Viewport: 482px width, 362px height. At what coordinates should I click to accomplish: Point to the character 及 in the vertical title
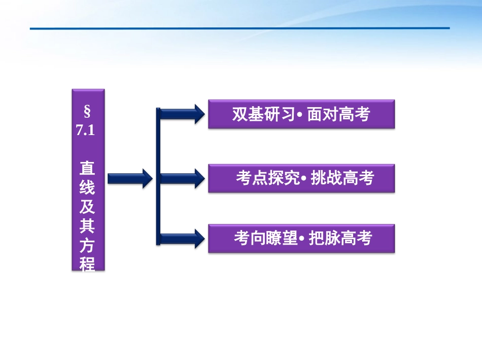coord(87,207)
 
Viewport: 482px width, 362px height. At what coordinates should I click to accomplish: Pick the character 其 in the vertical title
coord(87,226)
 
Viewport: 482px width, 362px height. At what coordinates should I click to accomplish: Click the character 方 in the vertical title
coord(87,246)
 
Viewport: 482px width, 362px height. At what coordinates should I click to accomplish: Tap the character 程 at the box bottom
coord(87,264)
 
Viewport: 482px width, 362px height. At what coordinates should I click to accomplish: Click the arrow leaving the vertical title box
coord(130,178)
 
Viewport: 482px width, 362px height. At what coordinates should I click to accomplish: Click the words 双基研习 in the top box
coord(263,114)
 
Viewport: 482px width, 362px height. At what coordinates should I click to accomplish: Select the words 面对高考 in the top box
coord(338,114)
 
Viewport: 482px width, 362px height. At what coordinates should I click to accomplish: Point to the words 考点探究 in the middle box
coord(268,179)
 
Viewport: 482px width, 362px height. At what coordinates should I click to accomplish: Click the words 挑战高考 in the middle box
coord(342,179)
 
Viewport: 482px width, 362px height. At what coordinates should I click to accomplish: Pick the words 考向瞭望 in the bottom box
coord(265,238)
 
